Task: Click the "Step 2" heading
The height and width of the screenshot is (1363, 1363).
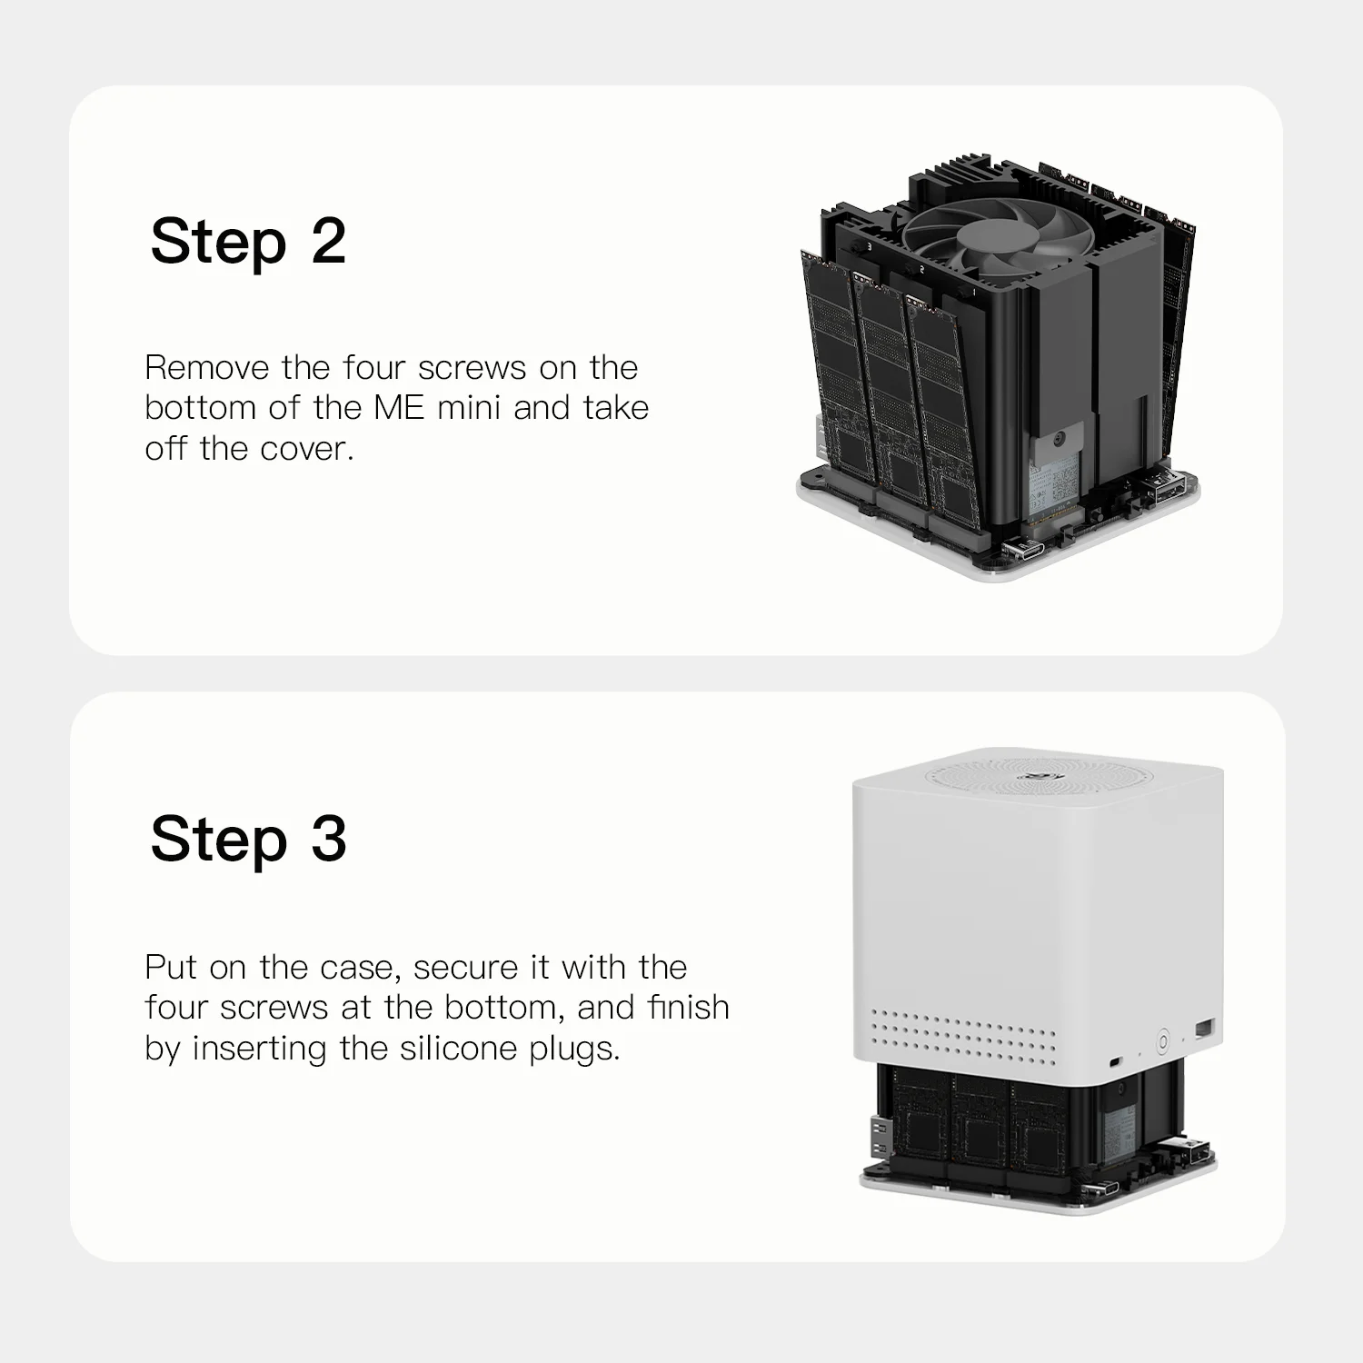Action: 248,243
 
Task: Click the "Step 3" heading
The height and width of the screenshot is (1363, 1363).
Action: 248,839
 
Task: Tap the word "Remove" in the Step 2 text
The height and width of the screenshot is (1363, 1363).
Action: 207,368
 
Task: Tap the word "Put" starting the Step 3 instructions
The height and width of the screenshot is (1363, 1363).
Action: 172,967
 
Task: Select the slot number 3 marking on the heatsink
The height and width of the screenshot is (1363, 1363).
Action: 870,246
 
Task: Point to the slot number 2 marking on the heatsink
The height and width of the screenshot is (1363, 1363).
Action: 922,269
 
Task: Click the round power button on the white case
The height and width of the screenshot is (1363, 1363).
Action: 1162,1041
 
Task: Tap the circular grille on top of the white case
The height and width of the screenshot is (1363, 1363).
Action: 1038,777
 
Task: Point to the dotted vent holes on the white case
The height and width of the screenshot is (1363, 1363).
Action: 963,1036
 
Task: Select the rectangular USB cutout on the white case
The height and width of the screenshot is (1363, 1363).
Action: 1204,1028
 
